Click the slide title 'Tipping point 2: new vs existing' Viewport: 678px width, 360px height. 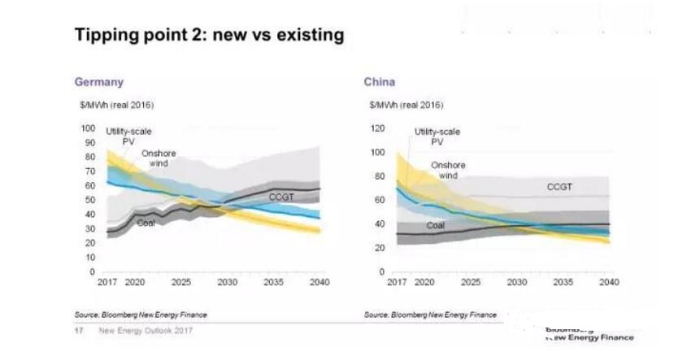pyautogui.click(x=209, y=35)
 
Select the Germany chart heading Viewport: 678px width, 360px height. pyautogui.click(x=99, y=82)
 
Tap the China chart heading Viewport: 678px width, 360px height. pyautogui.click(x=379, y=82)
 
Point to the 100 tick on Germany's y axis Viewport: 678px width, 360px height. pyautogui.click(x=89, y=128)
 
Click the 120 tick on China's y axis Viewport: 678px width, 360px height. pyautogui.click(x=376, y=128)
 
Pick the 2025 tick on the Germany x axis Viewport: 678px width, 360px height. pyautogui.click(x=181, y=282)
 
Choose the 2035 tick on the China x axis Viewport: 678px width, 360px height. pyautogui.click(x=561, y=282)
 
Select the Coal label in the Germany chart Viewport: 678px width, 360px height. pyautogui.click(x=146, y=222)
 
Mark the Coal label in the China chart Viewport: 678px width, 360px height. pyautogui.click(x=436, y=225)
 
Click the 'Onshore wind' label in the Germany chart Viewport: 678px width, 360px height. pyautogui.click(x=159, y=158)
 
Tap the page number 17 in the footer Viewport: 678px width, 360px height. pyautogui.click(x=79, y=330)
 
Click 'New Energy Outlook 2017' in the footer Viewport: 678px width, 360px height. pyautogui.click(x=146, y=330)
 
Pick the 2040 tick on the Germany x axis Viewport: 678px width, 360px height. pyautogui.click(x=319, y=282)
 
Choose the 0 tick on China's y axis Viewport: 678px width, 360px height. pyautogui.click(x=380, y=271)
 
